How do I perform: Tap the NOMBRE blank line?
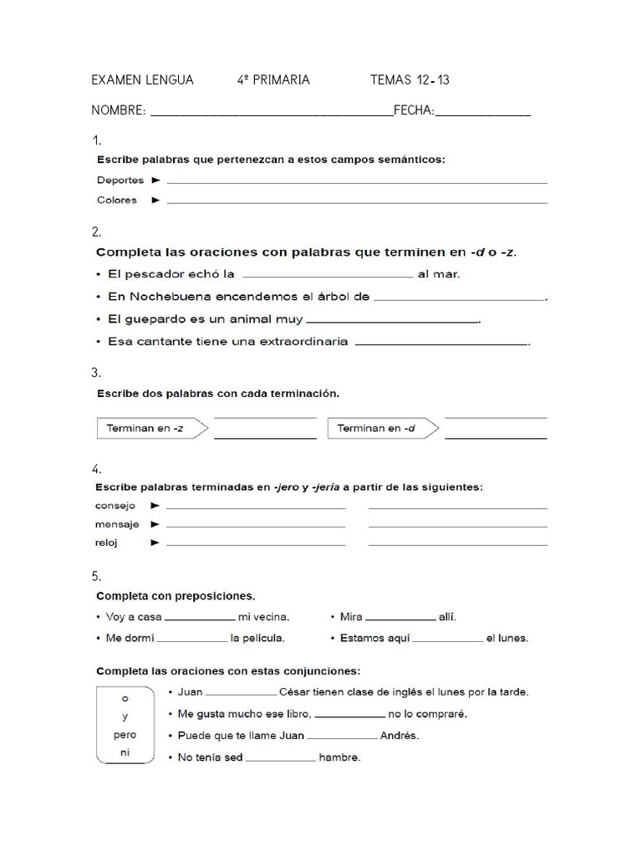(271, 115)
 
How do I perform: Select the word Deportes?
(120, 180)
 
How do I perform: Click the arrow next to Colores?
(155, 200)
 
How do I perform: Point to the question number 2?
(97, 232)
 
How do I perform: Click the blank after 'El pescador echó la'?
(327, 274)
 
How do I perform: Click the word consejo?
(116, 506)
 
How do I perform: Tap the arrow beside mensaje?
(155, 524)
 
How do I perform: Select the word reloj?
(107, 543)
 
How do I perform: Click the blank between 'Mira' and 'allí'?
(400, 619)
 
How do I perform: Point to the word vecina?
(271, 617)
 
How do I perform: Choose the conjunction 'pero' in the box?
(125, 735)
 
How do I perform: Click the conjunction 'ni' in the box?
(125, 753)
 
